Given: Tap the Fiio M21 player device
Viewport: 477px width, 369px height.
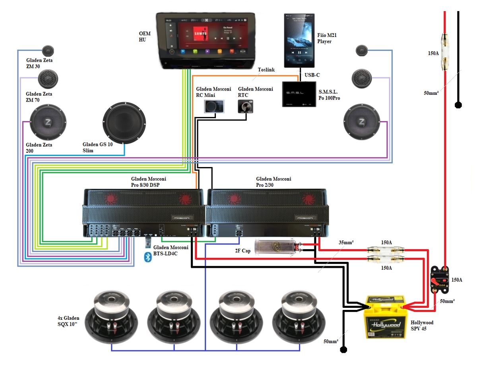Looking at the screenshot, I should point(300,40).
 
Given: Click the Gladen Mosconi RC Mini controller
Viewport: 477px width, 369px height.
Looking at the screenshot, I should point(214,106).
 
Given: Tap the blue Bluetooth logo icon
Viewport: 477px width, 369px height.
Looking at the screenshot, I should point(148,258).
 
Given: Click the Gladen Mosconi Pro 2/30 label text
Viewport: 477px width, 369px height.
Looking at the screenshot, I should point(273,182).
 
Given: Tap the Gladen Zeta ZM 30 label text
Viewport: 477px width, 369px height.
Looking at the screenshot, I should point(39,63).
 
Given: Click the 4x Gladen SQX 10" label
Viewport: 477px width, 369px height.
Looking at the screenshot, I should point(68,321).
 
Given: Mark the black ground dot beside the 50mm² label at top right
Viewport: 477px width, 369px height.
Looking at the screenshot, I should point(458,105).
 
